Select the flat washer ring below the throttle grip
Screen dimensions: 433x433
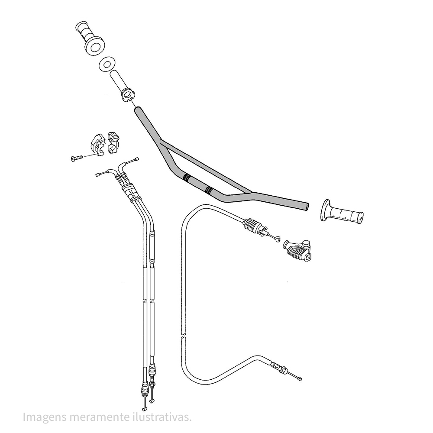pos(107,64)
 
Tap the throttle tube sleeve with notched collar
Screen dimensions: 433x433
pos(123,87)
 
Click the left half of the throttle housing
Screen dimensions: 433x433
pos(97,144)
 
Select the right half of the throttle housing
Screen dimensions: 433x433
pos(113,142)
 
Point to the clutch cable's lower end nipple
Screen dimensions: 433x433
pos(299,379)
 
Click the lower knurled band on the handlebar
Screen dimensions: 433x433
pos(209,190)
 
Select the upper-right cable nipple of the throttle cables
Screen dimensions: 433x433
pos(136,159)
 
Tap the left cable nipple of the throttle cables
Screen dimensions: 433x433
pos(97,174)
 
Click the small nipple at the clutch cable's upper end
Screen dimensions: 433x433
pos(277,239)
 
